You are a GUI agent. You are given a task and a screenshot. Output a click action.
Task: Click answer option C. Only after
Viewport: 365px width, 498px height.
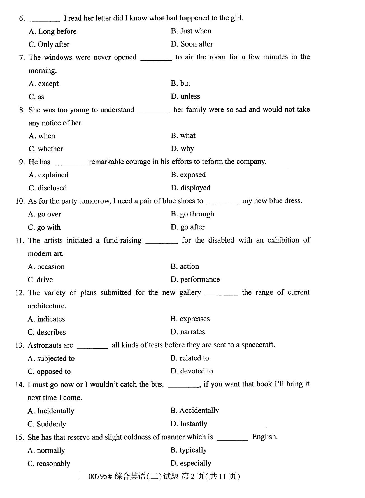coord(49,44)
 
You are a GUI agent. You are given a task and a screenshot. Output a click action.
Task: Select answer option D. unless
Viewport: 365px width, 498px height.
coord(185,96)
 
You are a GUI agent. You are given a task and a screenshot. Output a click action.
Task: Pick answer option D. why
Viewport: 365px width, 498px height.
coord(182,149)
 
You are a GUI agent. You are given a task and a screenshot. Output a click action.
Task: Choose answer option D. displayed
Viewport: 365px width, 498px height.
coord(190,188)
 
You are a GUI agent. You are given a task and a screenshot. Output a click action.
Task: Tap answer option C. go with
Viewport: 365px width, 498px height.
coord(44,227)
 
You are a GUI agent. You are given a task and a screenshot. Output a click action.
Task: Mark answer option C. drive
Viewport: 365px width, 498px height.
coord(40,280)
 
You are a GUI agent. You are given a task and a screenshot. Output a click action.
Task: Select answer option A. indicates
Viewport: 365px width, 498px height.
coord(46,319)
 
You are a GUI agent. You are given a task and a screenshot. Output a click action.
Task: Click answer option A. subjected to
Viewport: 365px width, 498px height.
coord(51,358)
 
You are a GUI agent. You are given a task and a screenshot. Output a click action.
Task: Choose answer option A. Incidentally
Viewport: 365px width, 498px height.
coord(51,411)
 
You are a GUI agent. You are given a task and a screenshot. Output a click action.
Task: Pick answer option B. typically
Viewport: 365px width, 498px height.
coord(189,450)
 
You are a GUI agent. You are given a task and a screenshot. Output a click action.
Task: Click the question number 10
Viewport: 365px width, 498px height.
coord(20,201)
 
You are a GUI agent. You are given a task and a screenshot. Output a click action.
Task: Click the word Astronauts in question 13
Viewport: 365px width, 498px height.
coord(50,345)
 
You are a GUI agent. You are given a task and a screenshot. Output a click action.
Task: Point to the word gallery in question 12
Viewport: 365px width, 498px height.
coord(190,293)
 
